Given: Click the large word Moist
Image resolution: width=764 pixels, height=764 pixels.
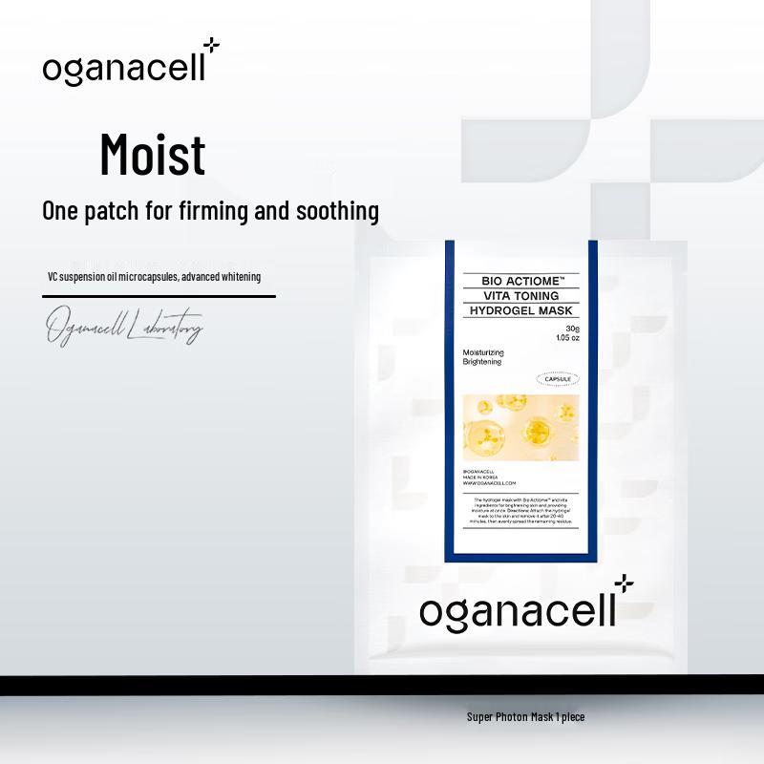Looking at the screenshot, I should click(152, 155).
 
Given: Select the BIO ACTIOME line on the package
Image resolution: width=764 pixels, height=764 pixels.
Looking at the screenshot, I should click(517, 282).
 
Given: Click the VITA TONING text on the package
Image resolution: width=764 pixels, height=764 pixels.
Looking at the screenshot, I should click(517, 296).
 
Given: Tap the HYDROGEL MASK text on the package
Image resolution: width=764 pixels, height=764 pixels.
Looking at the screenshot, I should click(517, 310).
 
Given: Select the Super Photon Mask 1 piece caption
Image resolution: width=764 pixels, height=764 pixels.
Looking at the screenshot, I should click(525, 716).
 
